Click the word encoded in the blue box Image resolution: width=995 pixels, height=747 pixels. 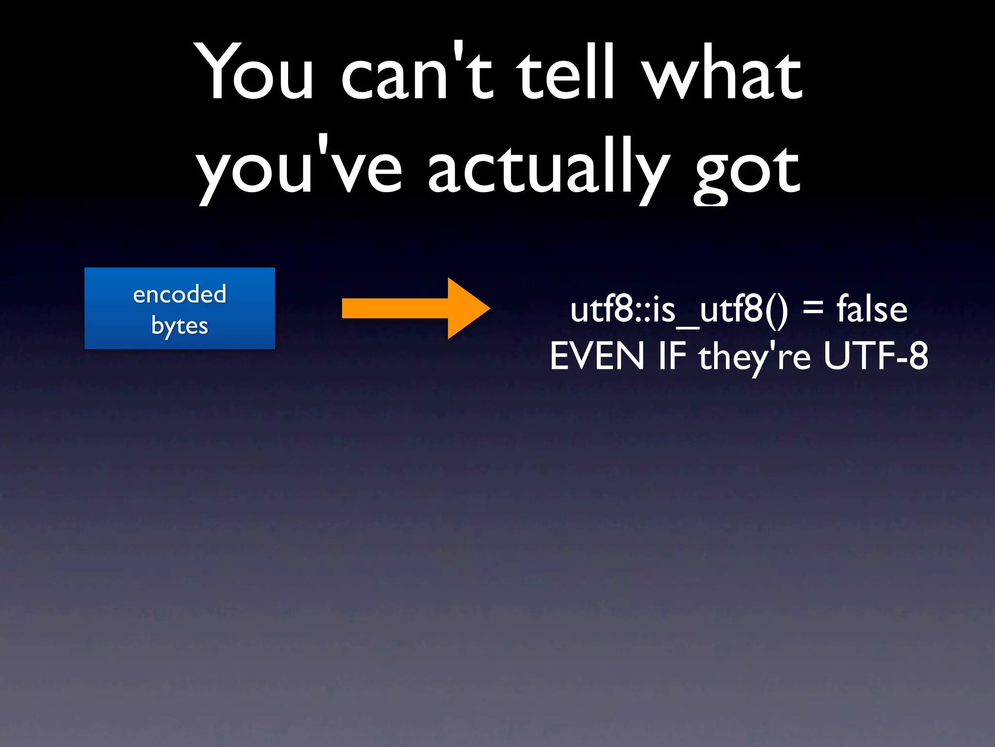(x=180, y=294)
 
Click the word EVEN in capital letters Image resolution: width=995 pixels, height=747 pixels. (x=597, y=356)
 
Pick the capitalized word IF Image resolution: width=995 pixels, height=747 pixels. (x=672, y=356)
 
